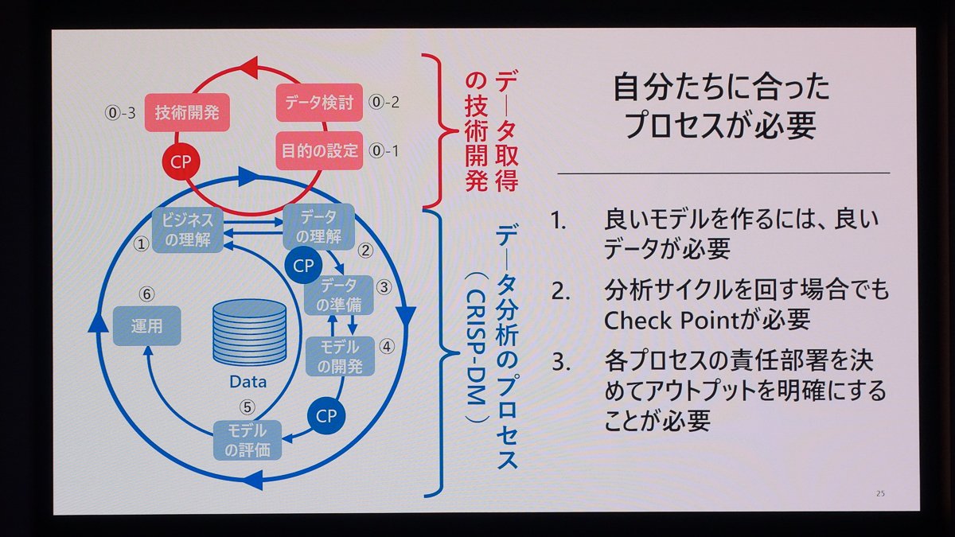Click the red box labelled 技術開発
tap(187, 112)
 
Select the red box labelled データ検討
tap(319, 103)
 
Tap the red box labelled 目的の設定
tap(319, 150)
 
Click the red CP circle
tap(181, 162)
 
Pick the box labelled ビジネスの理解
tap(188, 230)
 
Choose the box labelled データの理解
tap(319, 227)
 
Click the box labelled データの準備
tap(339, 295)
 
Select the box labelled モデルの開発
tap(340, 356)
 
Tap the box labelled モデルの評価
tap(248, 440)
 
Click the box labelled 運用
tap(146, 326)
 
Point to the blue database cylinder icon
tap(249, 333)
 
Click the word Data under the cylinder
tap(248, 382)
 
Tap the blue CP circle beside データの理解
tap(303, 266)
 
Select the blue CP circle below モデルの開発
tap(326, 415)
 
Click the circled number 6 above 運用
tap(146, 294)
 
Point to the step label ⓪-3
tap(121, 113)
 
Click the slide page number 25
tap(880, 493)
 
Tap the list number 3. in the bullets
tap(562, 362)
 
